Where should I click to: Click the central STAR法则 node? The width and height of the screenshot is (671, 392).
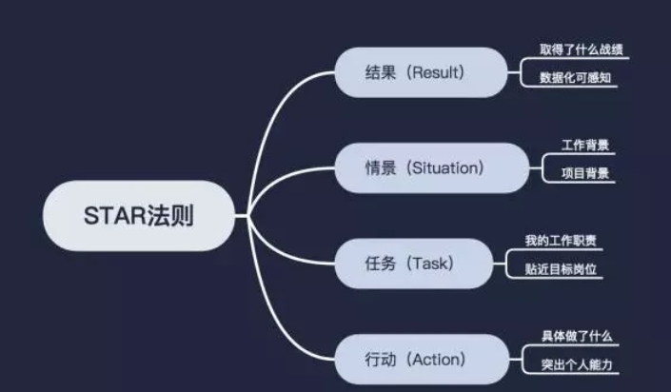tap(139, 216)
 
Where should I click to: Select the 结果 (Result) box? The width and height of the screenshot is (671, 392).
tap(420, 72)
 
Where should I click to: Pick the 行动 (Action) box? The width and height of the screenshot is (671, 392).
tap(420, 359)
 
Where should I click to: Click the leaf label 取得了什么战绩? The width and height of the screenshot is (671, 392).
tap(575, 49)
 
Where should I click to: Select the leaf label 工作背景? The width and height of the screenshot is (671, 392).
tap(582, 146)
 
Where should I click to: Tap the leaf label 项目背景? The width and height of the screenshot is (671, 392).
tap(582, 173)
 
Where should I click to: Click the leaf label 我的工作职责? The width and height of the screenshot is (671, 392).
tap(562, 240)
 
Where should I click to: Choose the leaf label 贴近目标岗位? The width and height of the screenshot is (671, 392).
tap(562, 268)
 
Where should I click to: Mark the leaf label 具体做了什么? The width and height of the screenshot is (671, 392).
tap(576, 336)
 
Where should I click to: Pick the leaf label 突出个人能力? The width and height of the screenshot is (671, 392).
tap(576, 363)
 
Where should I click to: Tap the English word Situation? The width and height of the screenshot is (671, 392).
tap(444, 167)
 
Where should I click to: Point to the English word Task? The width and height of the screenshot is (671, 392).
tap(426, 264)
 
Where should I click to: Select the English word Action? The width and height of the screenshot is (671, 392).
tap(433, 359)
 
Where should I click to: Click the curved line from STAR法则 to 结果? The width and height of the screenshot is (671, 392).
tap(276, 114)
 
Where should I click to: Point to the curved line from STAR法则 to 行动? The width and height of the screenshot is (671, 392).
tap(276, 319)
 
